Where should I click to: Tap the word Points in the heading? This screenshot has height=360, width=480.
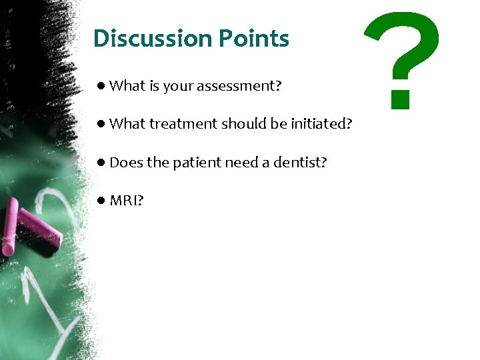coord(255,39)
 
